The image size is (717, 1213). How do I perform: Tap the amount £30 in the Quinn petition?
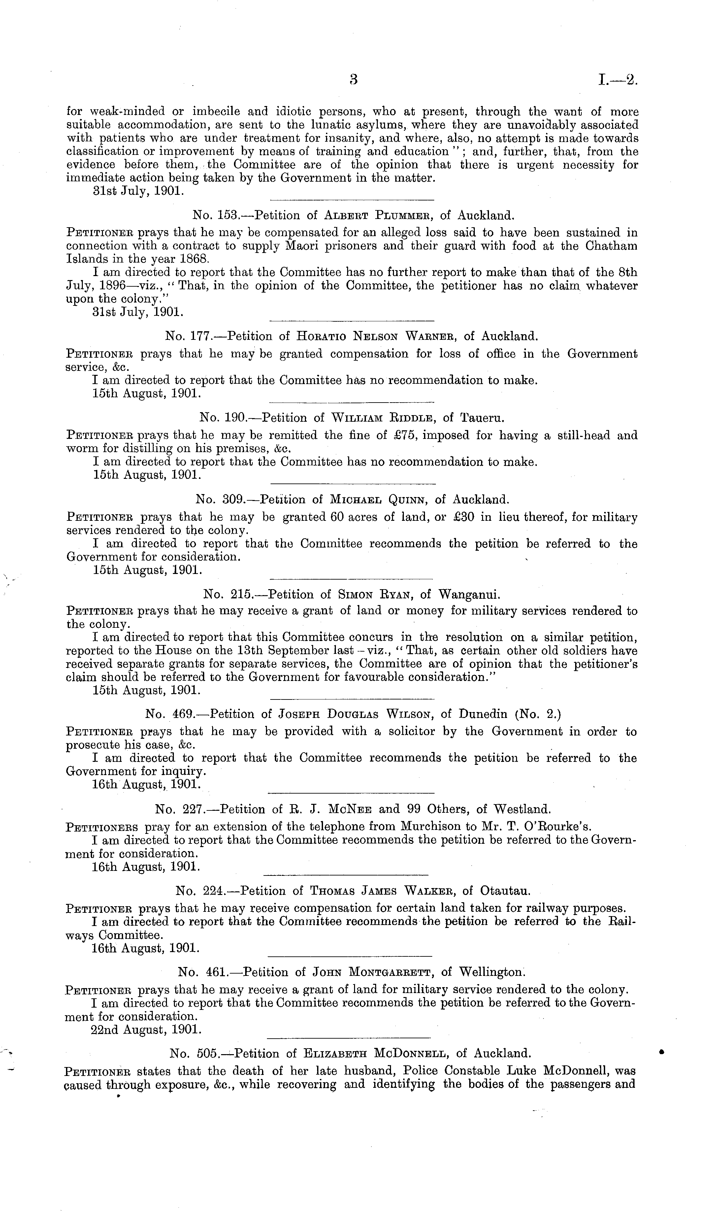pos(464,517)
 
